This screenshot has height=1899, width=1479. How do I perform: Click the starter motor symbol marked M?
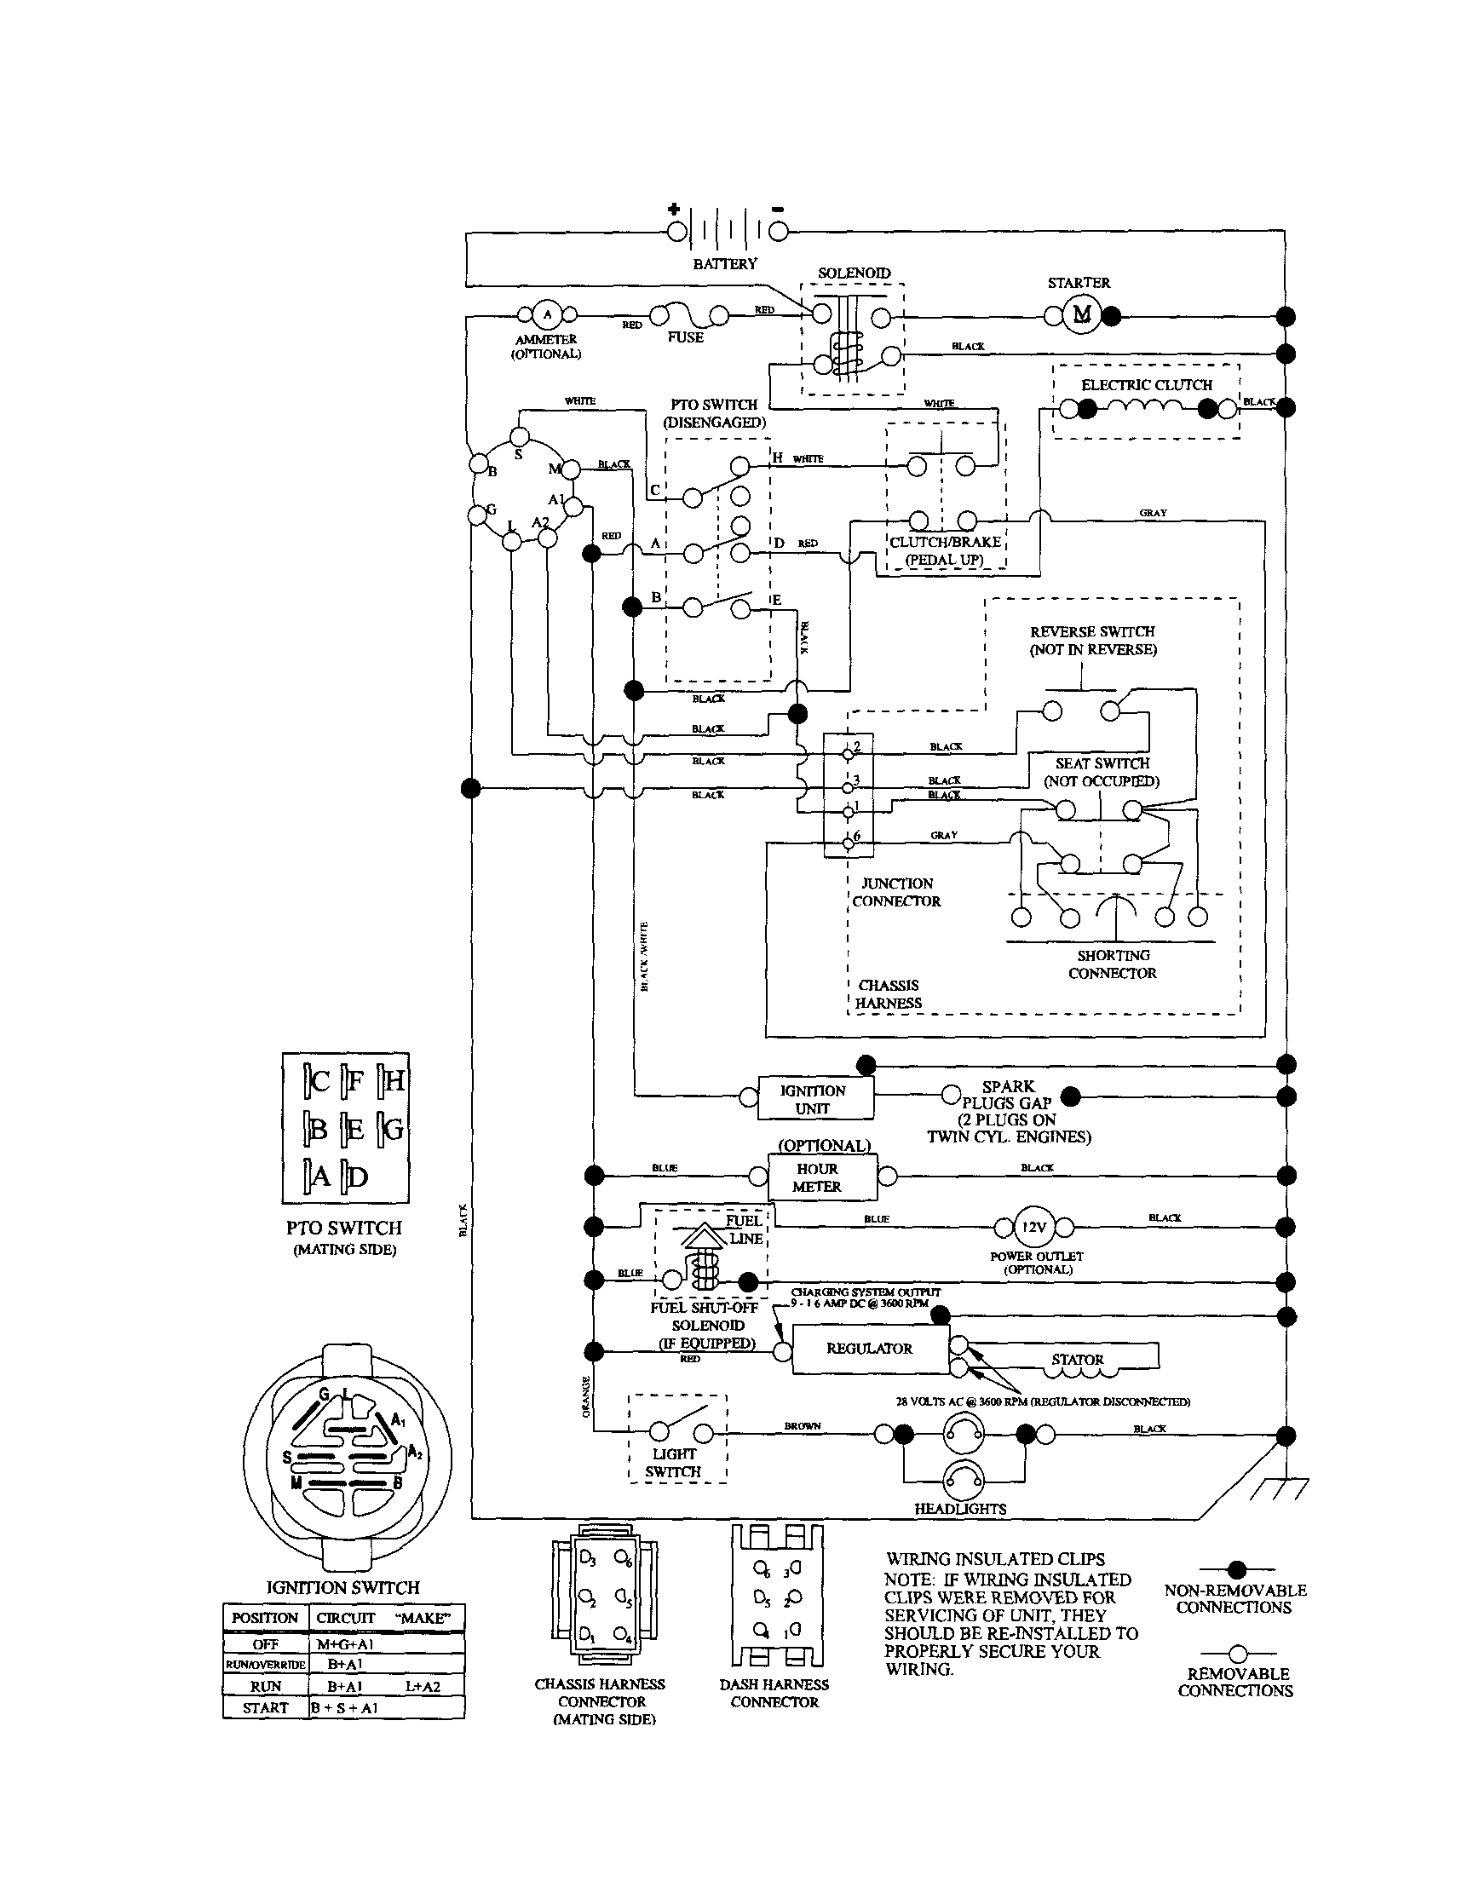[x=1082, y=314]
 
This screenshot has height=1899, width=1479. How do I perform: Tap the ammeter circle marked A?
[x=547, y=314]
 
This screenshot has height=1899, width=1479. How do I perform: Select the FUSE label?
[x=685, y=337]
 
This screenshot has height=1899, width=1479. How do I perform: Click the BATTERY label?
[x=724, y=263]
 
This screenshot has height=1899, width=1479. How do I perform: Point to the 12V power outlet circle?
[x=1033, y=1227]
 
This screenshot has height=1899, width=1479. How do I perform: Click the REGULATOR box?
[x=870, y=1349]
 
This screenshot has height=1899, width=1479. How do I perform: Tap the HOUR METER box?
[x=816, y=1177]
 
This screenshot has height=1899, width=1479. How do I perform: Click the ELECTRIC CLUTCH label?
[x=1146, y=385]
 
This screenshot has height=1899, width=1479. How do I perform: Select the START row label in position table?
[x=265, y=1706]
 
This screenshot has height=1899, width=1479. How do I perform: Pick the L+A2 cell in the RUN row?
[x=423, y=1686]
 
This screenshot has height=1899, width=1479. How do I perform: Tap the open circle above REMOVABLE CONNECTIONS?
[x=1236, y=1654]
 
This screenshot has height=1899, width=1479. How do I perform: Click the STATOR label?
[x=1077, y=1360]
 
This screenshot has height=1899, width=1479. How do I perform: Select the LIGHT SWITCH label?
[x=674, y=1463]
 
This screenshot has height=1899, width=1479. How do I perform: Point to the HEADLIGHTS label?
[x=960, y=1509]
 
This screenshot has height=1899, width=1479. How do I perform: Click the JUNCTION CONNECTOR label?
[x=896, y=892]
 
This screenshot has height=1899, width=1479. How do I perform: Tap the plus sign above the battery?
[x=674, y=209]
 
